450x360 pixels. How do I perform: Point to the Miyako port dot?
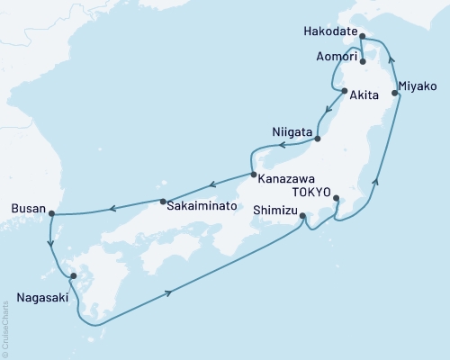pyautogui.click(x=395, y=93)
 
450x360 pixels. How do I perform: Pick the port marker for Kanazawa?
pyautogui.click(x=254, y=175)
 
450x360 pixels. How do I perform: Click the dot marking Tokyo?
pyautogui.click(x=336, y=199)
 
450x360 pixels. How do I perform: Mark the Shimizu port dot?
pyautogui.click(x=302, y=216)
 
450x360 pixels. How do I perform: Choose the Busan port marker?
pyautogui.click(x=51, y=214)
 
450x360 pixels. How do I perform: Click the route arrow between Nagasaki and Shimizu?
pyautogui.click(x=168, y=292)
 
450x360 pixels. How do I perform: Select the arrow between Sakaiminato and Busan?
pyautogui.click(x=112, y=210)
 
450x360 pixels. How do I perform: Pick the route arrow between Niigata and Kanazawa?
pyautogui.click(x=282, y=144)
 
